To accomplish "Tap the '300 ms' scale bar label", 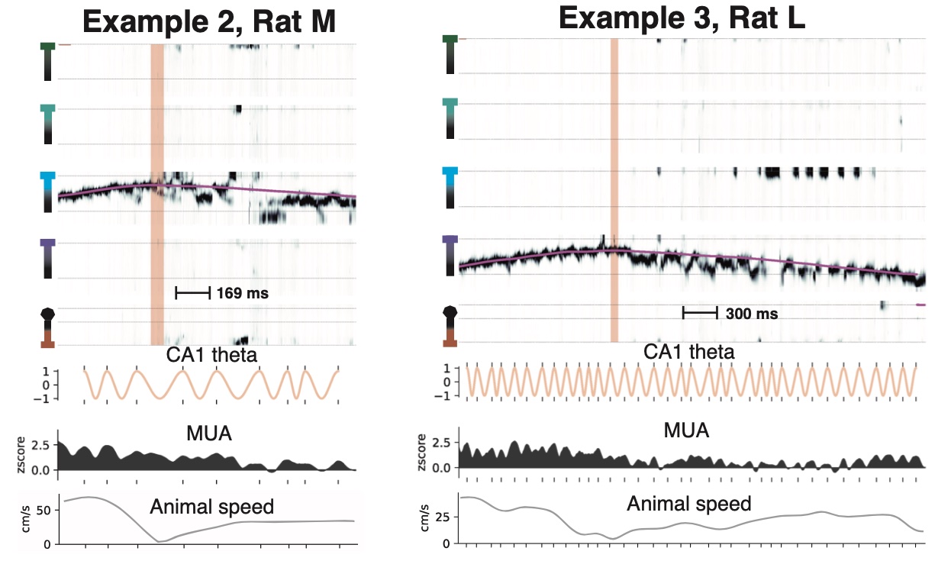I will pos(752,313).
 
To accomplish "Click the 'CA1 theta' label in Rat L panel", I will pos(689,352).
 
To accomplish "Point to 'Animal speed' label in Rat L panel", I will pos(689,504).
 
